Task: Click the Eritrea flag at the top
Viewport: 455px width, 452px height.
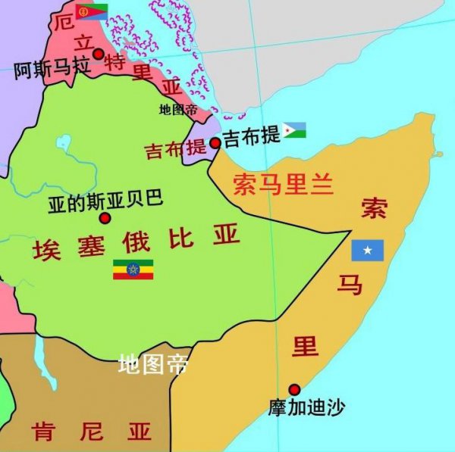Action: [91, 11]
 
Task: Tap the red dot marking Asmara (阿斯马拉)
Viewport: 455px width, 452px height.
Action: [99, 54]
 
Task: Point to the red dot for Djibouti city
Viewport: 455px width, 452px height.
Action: [215, 142]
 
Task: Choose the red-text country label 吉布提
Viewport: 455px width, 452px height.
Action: [176, 150]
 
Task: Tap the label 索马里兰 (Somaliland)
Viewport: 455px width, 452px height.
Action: [283, 185]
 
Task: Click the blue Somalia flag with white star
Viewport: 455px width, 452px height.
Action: [367, 251]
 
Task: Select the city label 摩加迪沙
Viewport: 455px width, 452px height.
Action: [306, 407]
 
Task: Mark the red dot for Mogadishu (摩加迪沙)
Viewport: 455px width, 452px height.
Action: [294, 389]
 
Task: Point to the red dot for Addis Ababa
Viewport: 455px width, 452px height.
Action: [105, 218]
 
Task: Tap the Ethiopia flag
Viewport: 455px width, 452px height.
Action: [133, 269]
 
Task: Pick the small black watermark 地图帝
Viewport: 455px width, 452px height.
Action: [178, 110]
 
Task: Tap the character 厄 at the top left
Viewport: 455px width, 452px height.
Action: [64, 20]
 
